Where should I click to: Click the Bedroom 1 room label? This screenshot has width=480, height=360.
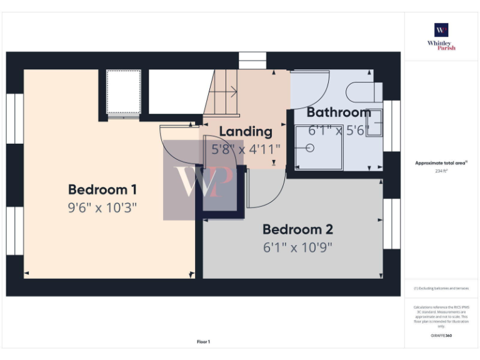tap(102, 189)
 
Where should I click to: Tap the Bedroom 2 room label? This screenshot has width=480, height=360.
tap(297, 229)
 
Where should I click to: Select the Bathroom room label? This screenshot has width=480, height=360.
tap(338, 113)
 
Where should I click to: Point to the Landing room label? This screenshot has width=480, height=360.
tap(246, 132)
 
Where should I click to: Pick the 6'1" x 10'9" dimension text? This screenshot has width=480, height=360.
tap(297, 247)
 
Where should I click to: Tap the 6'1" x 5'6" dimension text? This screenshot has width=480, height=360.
tap(338, 131)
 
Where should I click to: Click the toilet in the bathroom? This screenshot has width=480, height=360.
tap(362, 92)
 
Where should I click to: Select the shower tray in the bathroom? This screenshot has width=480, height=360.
tap(319, 147)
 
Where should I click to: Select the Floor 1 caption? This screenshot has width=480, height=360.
tap(204, 342)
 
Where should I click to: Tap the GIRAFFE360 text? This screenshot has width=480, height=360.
tap(441, 336)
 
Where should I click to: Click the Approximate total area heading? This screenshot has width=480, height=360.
tap(441, 162)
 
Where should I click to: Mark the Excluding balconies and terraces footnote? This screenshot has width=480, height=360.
tap(441, 288)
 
